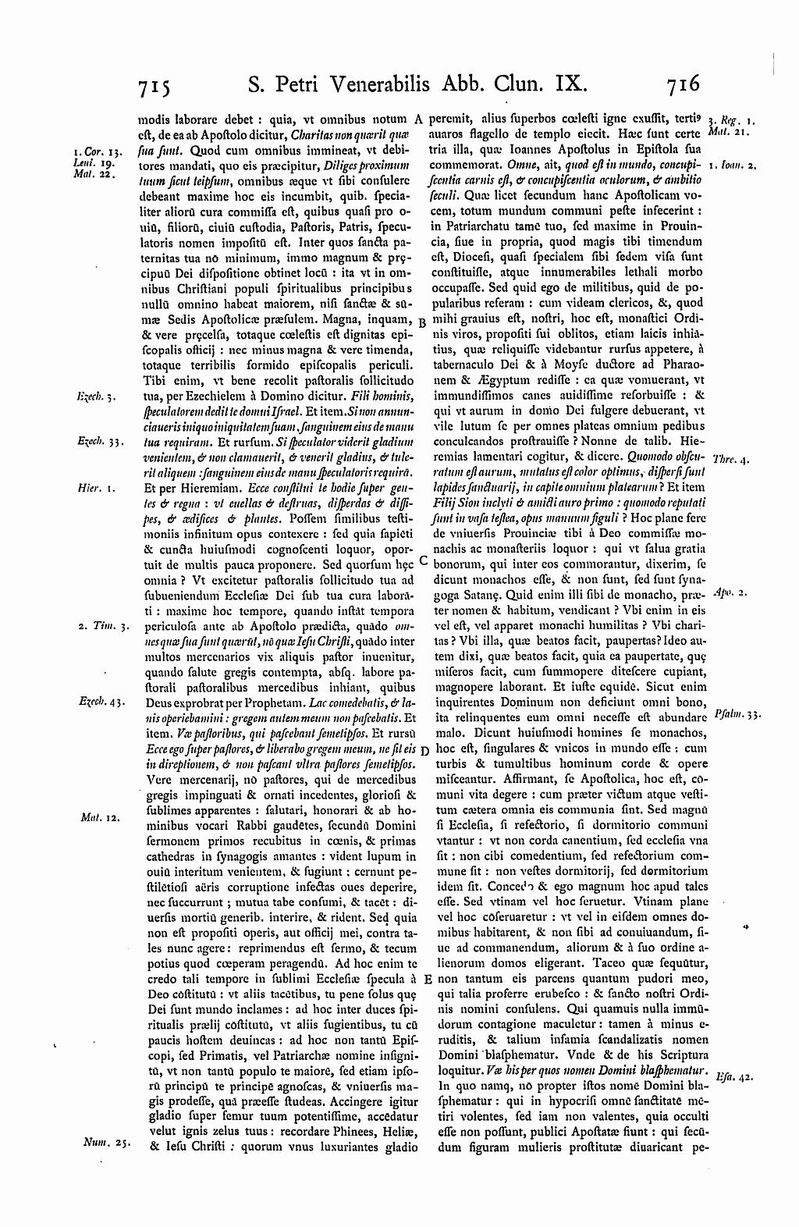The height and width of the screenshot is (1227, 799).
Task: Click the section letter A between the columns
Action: pyautogui.click(x=418, y=119)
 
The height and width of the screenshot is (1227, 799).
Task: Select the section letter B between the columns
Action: pyautogui.click(x=421, y=322)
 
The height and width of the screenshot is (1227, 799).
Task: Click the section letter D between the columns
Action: pyautogui.click(x=422, y=750)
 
